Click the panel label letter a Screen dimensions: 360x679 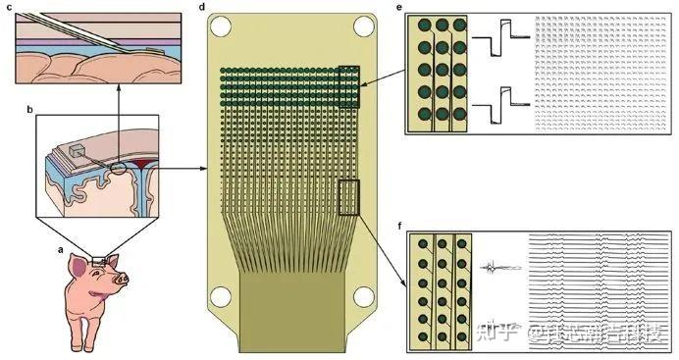62,249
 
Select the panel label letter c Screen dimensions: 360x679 8,8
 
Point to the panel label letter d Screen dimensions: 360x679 201,8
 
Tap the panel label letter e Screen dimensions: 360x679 398,8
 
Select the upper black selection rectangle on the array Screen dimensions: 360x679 348,85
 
